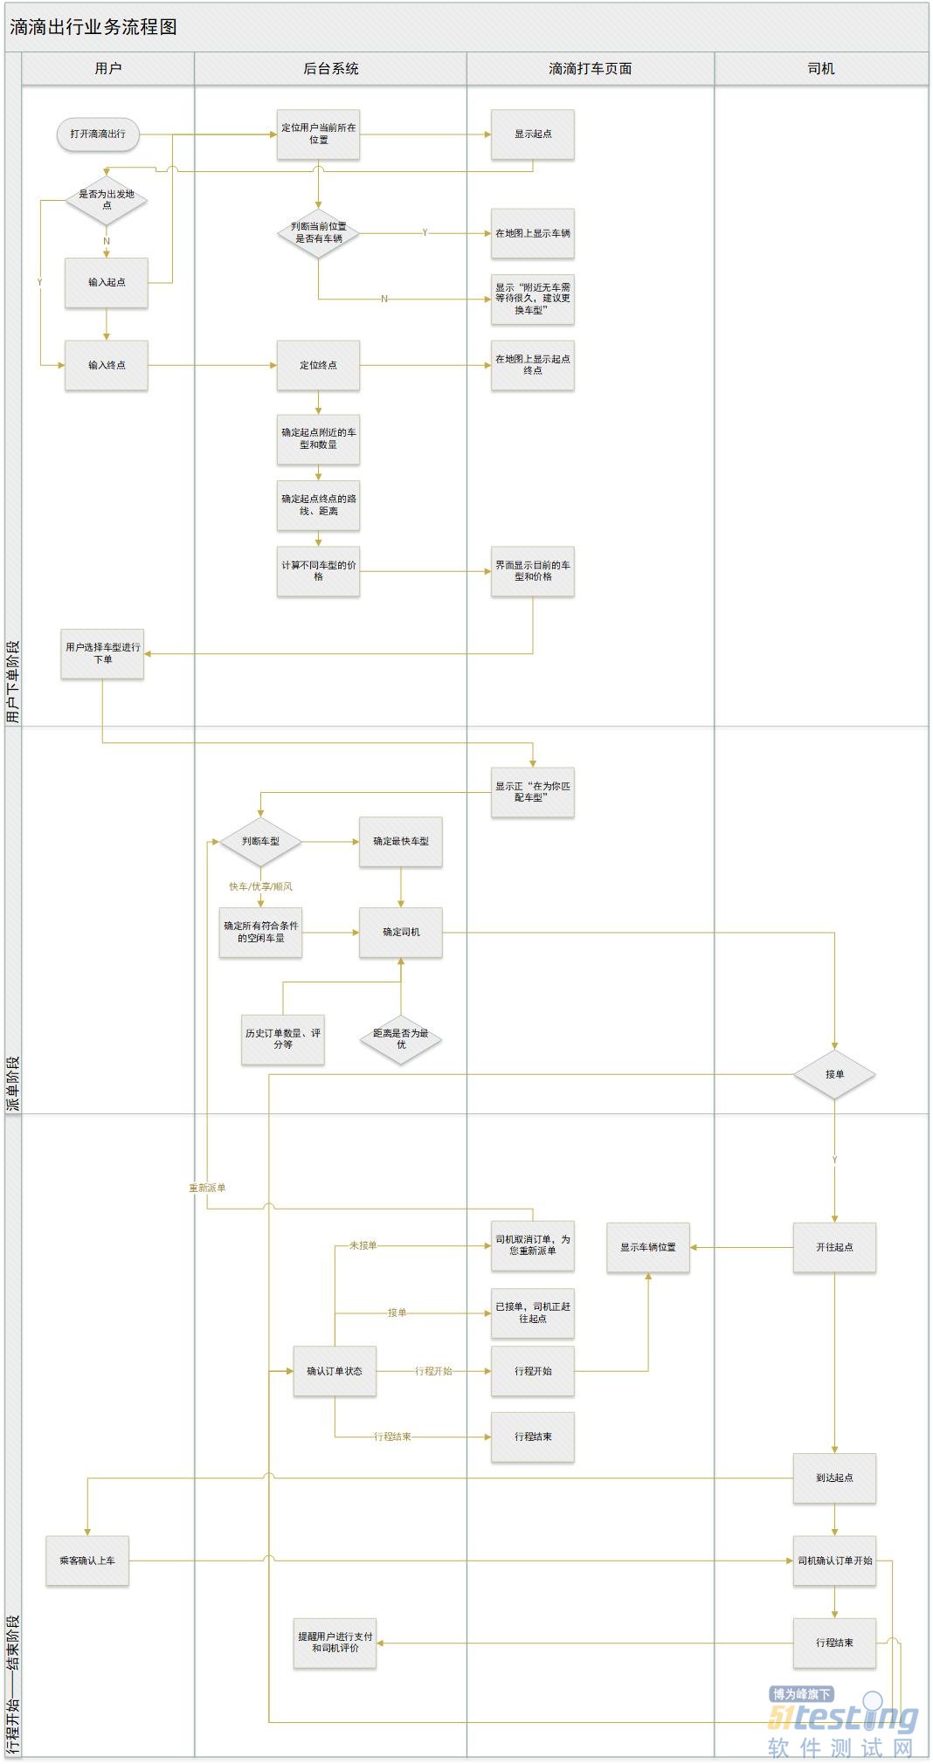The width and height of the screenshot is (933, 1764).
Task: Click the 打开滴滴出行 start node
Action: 98,134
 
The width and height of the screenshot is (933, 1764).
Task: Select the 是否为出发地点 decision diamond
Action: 107,200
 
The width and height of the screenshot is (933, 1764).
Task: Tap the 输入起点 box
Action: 107,282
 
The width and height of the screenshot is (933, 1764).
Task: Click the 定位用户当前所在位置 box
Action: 318,134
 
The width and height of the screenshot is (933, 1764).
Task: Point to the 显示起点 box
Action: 532,134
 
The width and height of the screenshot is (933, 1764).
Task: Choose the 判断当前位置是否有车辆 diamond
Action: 318,232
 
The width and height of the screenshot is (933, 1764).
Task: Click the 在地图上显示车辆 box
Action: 532,233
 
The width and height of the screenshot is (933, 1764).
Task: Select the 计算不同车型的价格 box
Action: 318,571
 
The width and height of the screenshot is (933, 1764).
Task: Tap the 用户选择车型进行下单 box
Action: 102,653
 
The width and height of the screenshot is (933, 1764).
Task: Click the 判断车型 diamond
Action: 260,841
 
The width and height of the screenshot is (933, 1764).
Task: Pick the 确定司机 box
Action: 401,932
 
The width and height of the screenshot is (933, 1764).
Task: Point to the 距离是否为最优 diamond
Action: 401,1038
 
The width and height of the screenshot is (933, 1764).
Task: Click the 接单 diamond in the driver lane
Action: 834,1074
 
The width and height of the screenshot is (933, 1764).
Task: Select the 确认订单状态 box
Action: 335,1371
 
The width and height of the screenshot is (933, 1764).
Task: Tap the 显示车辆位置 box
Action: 648,1247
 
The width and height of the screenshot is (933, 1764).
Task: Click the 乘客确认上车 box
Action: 87,1561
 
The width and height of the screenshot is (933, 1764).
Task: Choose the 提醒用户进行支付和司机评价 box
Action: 335,1643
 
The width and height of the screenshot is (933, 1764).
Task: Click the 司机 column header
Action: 820,69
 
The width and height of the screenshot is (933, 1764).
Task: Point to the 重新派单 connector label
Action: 208,1188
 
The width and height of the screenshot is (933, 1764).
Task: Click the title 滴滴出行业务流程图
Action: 93,27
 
